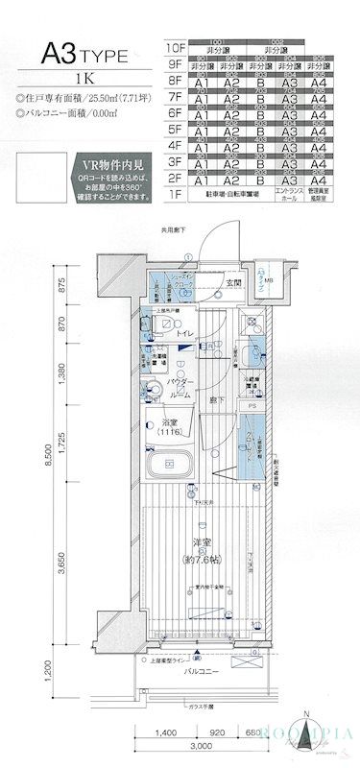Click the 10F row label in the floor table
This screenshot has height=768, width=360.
(x=174, y=47)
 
